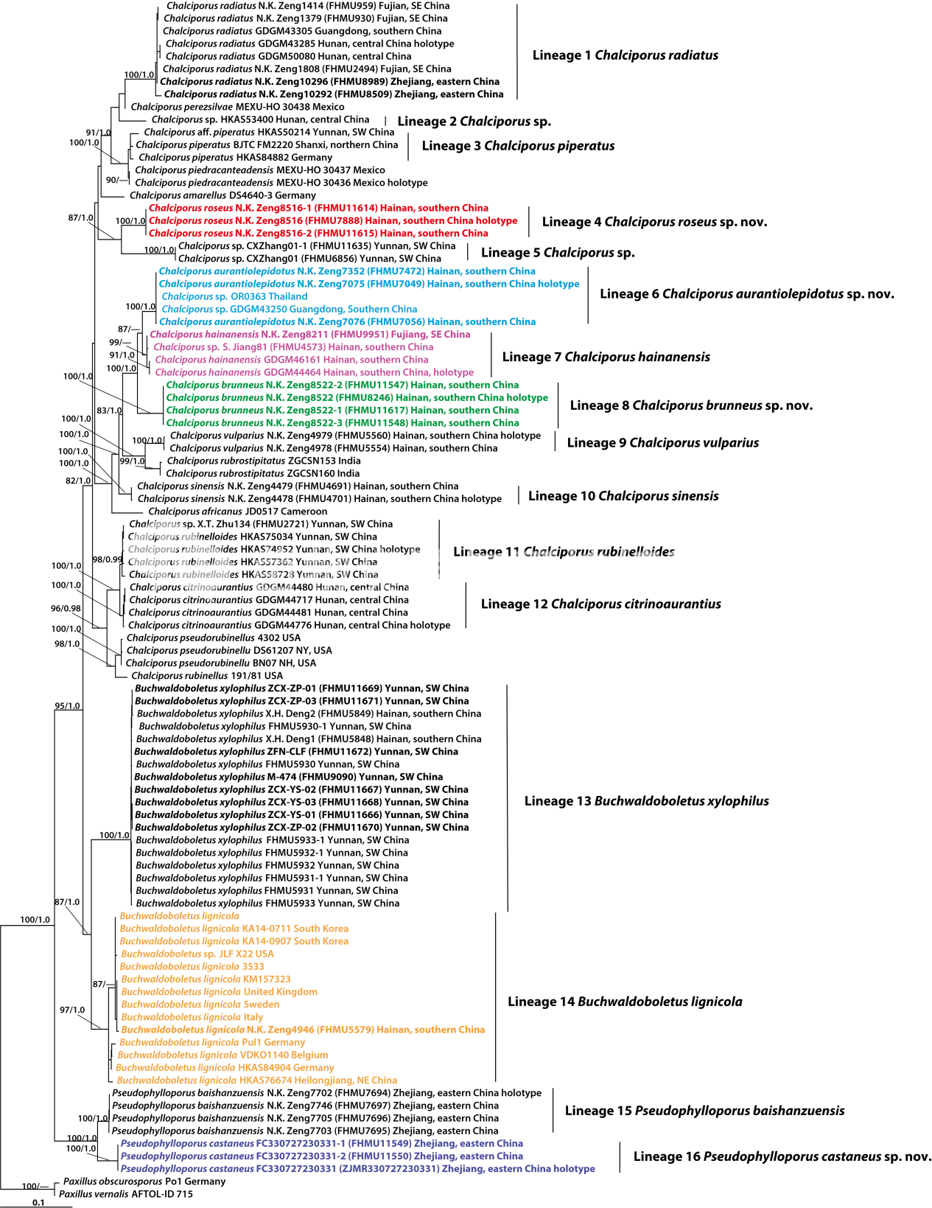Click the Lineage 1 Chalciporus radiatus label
625,55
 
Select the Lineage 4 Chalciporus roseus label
654,222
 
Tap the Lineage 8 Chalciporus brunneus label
691,405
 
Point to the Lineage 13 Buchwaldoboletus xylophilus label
646,801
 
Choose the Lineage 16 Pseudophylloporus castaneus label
782,1156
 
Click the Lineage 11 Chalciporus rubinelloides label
564,552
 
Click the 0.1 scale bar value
38,1202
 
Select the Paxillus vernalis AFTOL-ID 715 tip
125,1194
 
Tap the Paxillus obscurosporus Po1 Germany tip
144,1181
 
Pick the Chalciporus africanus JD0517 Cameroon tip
237,512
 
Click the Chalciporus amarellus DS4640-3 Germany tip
223,195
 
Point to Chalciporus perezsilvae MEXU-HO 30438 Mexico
237,107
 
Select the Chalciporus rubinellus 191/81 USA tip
206,676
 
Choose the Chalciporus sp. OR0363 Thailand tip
234,296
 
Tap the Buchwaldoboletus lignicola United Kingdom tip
219,992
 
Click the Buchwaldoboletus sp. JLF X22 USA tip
197,954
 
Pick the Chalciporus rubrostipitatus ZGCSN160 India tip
262,474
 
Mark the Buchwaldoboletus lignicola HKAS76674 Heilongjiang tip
256,1080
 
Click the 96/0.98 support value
66,609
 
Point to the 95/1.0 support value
67,706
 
